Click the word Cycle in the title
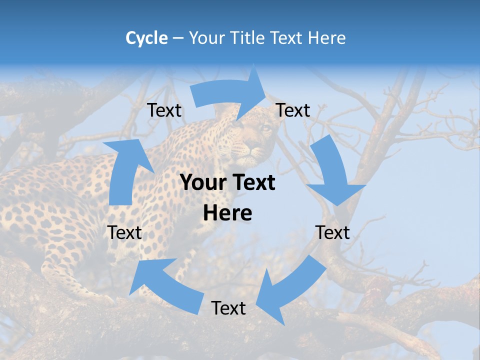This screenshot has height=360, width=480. [x=146, y=38]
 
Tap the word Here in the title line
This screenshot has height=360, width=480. [x=327, y=38]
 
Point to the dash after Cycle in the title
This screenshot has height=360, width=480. [x=178, y=38]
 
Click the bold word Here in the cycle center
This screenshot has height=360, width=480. [x=227, y=213]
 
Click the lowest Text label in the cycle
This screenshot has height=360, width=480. [x=228, y=308]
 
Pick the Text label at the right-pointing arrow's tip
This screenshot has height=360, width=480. [x=293, y=110]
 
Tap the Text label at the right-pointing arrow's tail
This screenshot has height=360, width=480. [x=164, y=110]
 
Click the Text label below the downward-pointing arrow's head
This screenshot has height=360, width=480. [x=332, y=232]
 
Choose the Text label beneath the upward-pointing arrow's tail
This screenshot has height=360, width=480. [x=124, y=232]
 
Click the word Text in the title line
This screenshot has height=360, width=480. [x=287, y=38]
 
